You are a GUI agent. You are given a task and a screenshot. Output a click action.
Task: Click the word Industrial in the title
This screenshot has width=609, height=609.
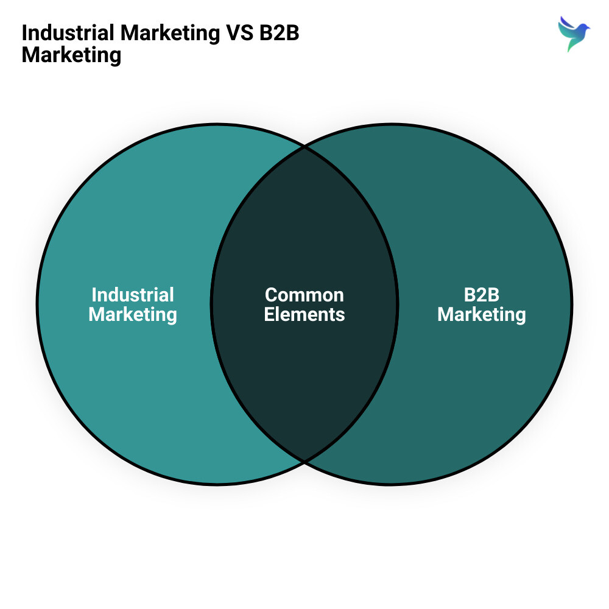(68, 33)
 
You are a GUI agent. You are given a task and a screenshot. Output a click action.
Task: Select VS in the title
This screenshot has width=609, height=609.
(239, 33)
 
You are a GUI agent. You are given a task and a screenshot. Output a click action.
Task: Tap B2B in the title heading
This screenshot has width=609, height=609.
(280, 33)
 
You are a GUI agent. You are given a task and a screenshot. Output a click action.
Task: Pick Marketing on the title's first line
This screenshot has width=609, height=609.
(170, 33)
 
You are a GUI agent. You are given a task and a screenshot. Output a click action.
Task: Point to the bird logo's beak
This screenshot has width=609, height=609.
(588, 28)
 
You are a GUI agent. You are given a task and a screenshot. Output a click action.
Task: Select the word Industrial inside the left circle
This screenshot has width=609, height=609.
(133, 295)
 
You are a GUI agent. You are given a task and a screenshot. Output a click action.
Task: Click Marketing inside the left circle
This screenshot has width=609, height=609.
(133, 315)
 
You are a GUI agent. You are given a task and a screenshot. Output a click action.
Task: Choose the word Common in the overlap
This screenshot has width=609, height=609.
(304, 295)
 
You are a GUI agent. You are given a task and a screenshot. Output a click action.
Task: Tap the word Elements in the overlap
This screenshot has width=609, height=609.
(304, 314)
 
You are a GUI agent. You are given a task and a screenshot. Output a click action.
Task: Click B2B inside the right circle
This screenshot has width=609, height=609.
(482, 295)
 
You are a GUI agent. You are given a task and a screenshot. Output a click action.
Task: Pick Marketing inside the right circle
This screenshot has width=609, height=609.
(482, 315)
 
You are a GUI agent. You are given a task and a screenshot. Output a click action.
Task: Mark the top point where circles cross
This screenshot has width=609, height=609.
(304, 147)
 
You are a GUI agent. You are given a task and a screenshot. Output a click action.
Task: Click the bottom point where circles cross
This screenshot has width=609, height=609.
(304, 462)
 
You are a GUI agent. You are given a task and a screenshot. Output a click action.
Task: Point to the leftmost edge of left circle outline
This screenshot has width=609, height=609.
(37, 304)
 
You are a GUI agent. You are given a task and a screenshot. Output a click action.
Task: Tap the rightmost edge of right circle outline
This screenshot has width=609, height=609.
(572, 304)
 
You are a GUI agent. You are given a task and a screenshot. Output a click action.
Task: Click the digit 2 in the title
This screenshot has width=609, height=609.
(280, 33)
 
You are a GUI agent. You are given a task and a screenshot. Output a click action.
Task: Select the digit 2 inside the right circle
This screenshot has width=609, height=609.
(482, 295)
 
